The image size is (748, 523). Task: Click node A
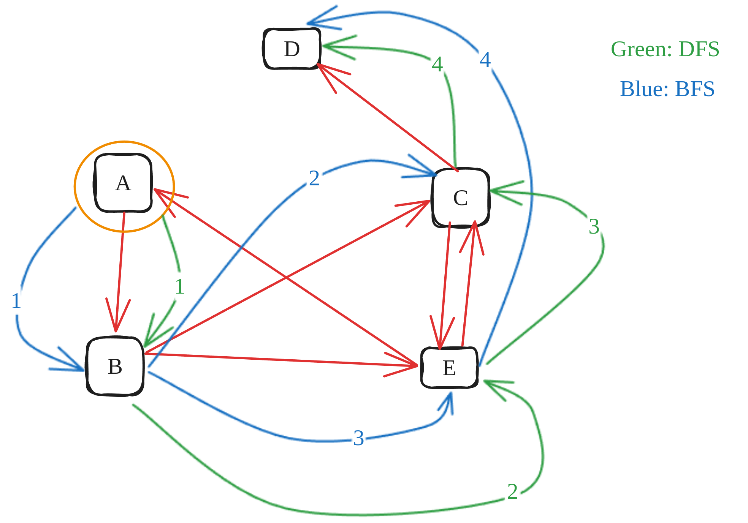[123, 183]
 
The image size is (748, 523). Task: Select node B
[115, 366]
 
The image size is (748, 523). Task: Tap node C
[461, 198]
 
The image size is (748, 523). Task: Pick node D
[292, 49]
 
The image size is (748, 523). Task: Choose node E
[449, 368]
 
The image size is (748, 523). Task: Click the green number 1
[179, 286]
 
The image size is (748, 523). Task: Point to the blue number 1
[16, 301]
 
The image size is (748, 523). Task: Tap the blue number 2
[314, 178]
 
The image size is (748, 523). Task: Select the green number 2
[512, 491]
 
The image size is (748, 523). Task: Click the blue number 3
[358, 438]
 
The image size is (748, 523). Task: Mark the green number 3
[594, 226]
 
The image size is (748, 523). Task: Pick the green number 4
[437, 64]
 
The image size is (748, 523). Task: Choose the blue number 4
[485, 60]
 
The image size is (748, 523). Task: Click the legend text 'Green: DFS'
[665, 49]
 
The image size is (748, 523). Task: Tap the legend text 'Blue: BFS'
[667, 89]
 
